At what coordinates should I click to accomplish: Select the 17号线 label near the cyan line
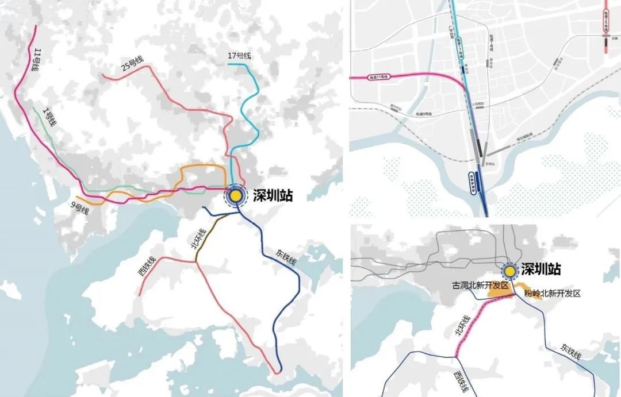coord(240,56)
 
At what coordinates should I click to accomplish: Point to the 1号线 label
coord(51,116)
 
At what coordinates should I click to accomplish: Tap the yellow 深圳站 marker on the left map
coord(235,195)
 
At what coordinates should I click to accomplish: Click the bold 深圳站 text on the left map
coord(273,196)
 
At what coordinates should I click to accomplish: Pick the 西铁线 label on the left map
coord(146,267)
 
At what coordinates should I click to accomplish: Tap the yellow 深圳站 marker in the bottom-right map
coord(509,271)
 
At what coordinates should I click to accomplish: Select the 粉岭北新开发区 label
coord(553,293)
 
